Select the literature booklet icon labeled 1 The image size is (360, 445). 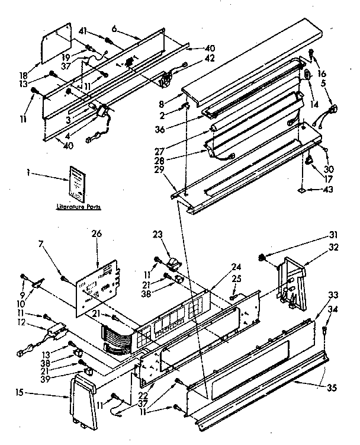[x=76, y=181]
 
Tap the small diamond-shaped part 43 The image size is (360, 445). [x=303, y=191]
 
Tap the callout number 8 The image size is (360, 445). [x=171, y=87]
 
